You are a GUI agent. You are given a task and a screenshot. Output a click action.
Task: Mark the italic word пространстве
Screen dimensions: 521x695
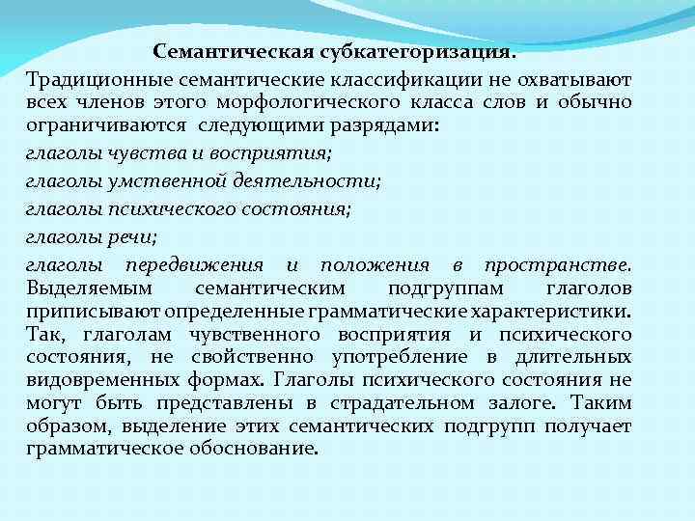(x=558, y=264)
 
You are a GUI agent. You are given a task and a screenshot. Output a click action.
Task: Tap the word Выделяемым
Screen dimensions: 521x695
(x=90, y=288)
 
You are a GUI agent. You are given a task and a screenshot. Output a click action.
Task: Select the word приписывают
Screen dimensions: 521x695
(x=94, y=312)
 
